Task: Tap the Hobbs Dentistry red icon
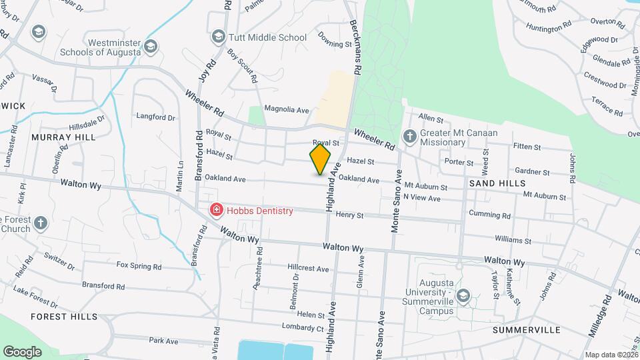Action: (x=217, y=211)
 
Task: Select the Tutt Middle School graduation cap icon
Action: (x=217, y=37)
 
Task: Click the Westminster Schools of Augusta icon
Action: (x=151, y=46)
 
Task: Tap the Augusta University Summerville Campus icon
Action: (x=465, y=295)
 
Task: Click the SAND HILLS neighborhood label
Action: (x=497, y=183)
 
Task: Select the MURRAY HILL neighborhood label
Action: (x=63, y=137)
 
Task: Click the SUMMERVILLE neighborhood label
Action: (x=526, y=329)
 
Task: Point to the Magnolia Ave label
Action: (x=287, y=109)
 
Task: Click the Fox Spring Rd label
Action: (x=139, y=266)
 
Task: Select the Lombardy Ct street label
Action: (x=301, y=327)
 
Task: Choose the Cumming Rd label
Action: (x=489, y=215)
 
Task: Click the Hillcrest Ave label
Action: (x=309, y=269)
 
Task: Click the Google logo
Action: (x=22, y=351)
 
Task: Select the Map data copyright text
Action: (x=610, y=355)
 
